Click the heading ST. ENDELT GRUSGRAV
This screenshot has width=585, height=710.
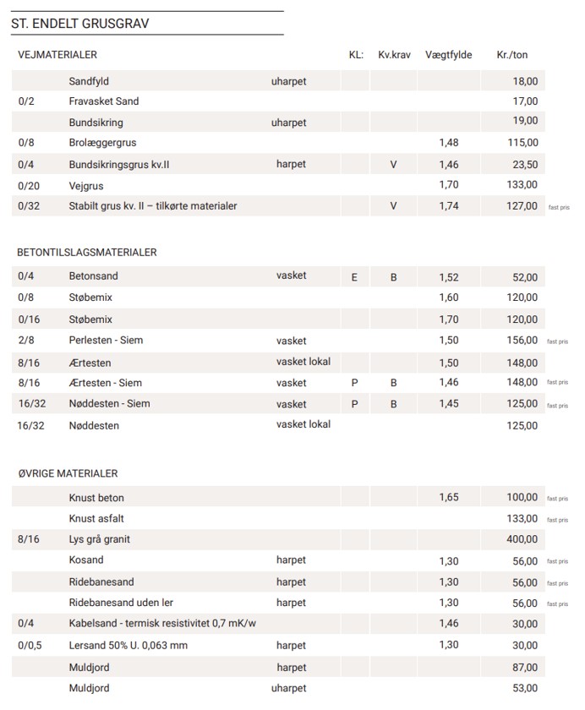coord(80,24)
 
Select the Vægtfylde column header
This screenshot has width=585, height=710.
coord(449,55)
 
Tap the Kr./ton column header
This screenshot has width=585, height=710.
coord(512,55)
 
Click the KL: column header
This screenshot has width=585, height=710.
coord(356,55)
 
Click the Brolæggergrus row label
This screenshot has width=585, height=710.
coord(102,143)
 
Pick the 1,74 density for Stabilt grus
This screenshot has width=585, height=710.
coord(449,205)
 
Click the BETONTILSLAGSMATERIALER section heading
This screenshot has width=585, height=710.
coord(87,252)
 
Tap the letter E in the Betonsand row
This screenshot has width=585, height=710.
coord(354,277)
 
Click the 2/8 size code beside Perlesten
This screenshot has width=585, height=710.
coord(25,341)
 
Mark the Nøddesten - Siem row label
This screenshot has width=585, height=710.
coord(109,404)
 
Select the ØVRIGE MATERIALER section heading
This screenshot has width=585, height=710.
coord(68,473)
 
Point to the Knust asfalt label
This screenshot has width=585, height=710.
coord(96,518)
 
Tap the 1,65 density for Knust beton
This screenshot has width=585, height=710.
coord(449,497)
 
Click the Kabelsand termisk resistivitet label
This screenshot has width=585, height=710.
coord(161,624)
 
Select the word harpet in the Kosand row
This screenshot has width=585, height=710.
coord(291,560)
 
